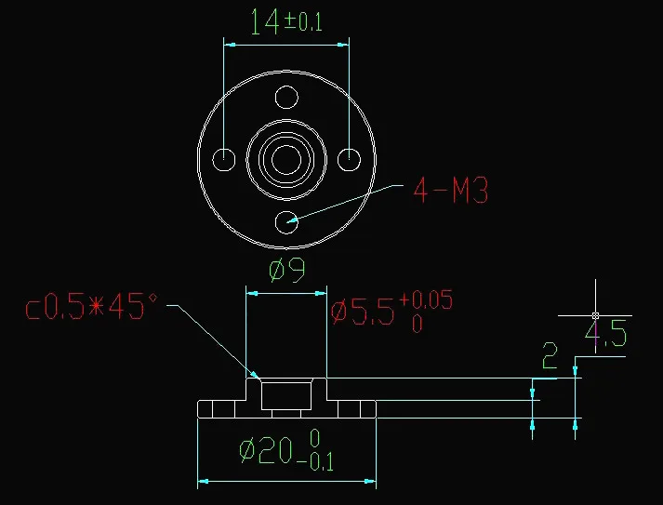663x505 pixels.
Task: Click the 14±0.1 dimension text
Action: click(286, 21)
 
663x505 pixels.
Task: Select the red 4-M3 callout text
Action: click(451, 190)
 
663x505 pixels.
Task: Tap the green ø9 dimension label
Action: click(287, 270)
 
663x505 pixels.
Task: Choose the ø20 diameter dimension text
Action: click(286, 450)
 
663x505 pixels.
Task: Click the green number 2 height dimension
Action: click(550, 355)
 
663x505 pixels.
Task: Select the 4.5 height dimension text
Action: click(605, 334)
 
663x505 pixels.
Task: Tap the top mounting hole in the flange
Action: click(286, 98)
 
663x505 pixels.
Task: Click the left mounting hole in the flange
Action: click(224, 159)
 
